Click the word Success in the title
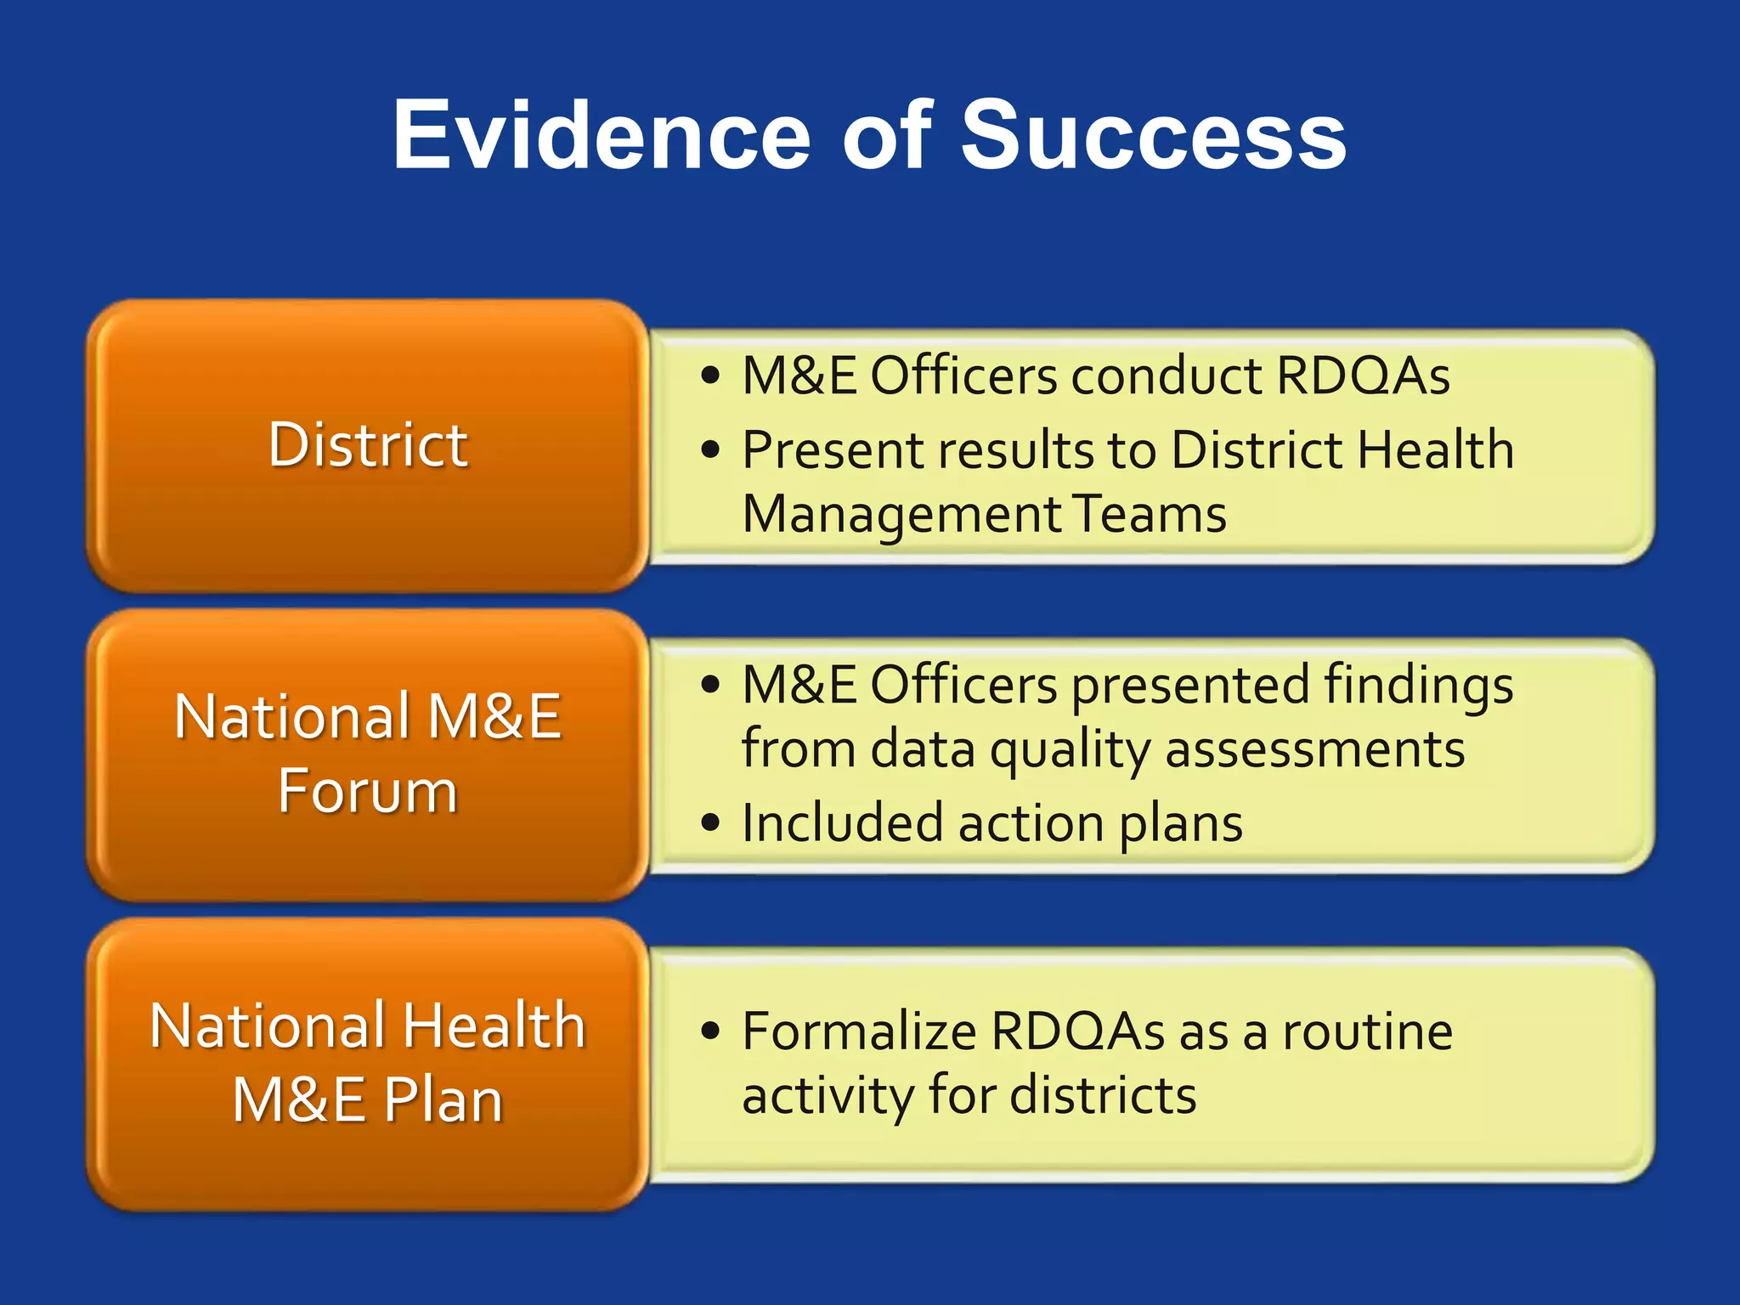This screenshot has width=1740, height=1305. point(1153,136)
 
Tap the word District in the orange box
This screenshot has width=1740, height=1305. point(368,445)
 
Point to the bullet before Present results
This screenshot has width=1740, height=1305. point(711,449)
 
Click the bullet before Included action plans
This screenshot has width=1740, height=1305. point(711,822)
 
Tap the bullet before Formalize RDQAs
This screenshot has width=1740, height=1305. point(711,1031)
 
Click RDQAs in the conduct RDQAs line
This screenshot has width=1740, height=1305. point(1363,376)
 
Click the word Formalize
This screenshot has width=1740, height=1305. point(859,1031)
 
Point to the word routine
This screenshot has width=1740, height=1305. point(1367,1031)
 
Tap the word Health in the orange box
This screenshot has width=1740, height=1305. point(494,1026)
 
